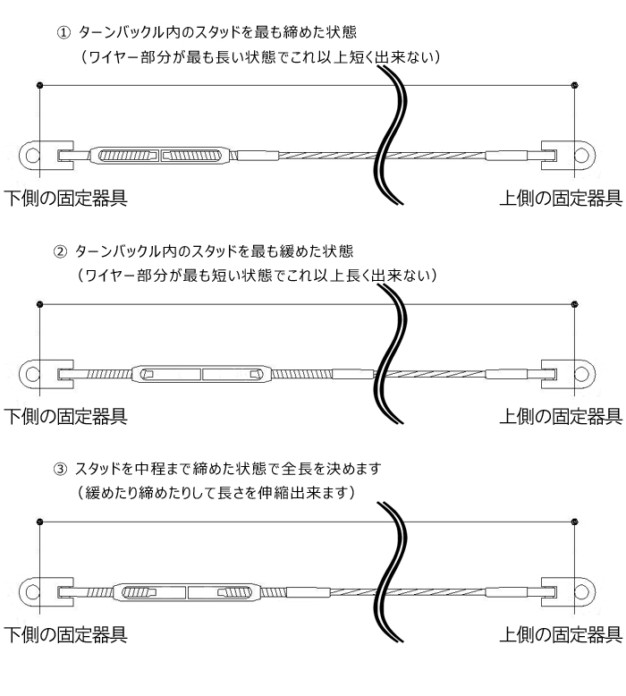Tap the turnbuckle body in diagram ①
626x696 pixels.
pos(160,156)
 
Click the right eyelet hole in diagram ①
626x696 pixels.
pos(581,156)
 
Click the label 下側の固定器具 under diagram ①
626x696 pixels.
pos(64,198)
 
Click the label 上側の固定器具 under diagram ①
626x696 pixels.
pos(560,198)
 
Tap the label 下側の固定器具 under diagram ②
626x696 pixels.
pos(64,415)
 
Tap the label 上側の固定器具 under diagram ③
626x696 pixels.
pos(560,635)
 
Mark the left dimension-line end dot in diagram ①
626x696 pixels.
pos(40,86)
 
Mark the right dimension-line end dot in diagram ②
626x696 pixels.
pos(573,304)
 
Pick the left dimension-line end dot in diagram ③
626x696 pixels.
pos(40,522)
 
